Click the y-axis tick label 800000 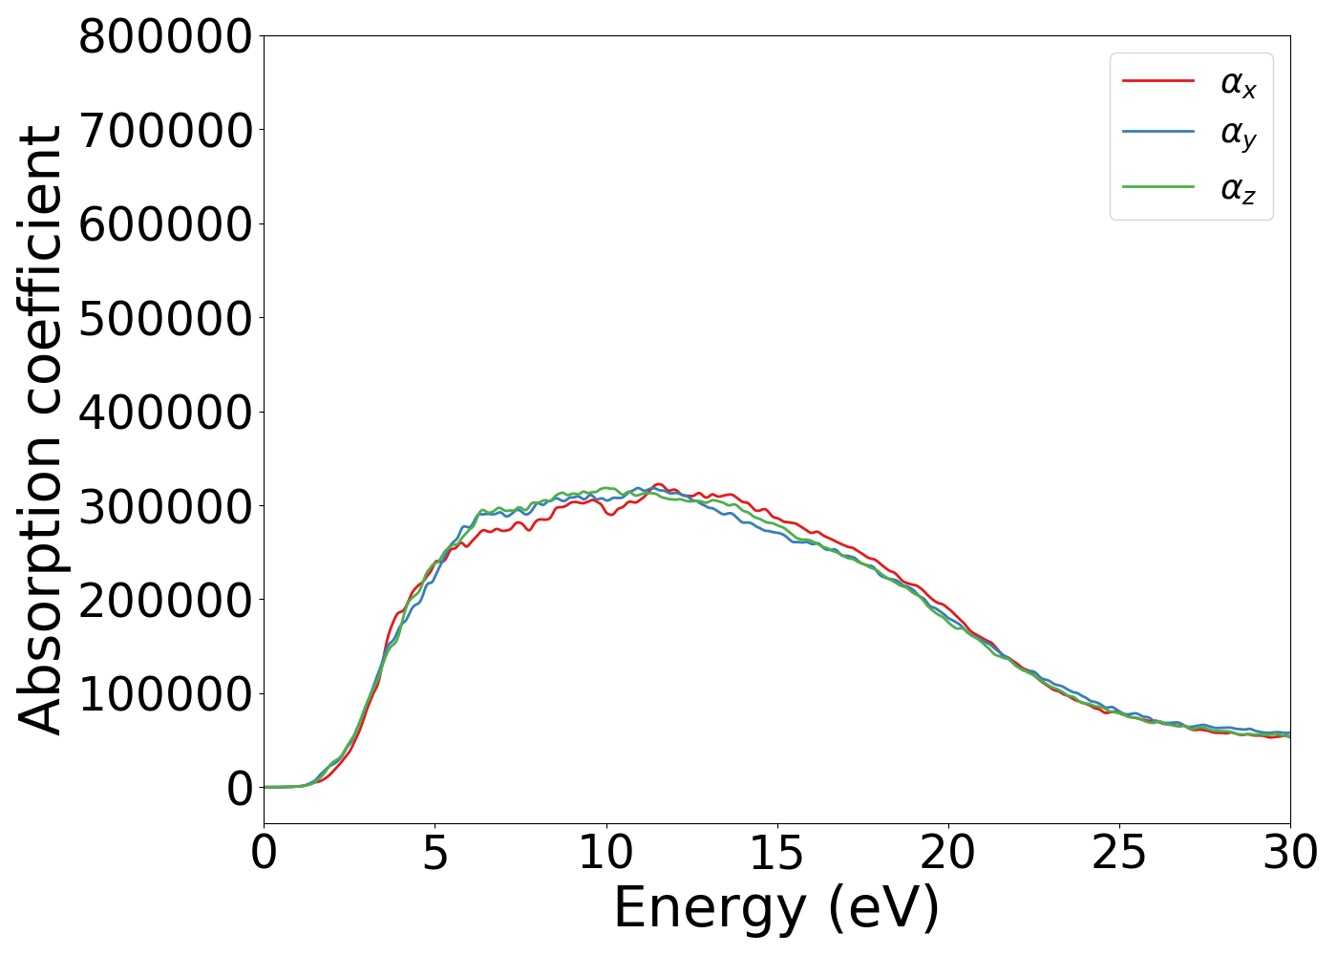165,38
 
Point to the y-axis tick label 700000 165,132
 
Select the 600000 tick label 165,225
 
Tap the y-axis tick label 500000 165,319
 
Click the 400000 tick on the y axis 165,413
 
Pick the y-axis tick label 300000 165,506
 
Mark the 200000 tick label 165,600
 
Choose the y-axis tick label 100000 165,694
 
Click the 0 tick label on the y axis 240,788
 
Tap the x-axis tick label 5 435,853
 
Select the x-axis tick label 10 605,853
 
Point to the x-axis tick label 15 776,853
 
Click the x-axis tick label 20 947,853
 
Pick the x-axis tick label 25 1118,853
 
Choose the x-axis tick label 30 1289,853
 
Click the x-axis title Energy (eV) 776,908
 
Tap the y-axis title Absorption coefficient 41,430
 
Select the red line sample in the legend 1157,81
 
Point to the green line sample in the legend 1157,186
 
